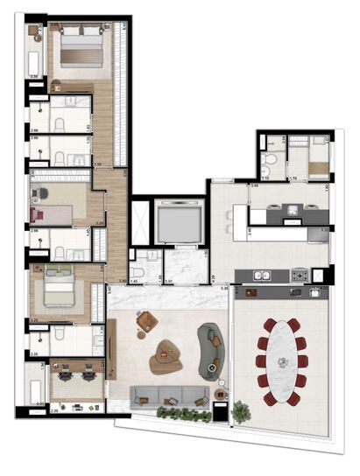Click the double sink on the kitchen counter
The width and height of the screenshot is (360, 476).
[x=262, y=276]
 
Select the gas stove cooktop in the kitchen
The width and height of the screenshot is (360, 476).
[x=302, y=276]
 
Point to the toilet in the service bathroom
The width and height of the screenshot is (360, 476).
[x=272, y=161]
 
